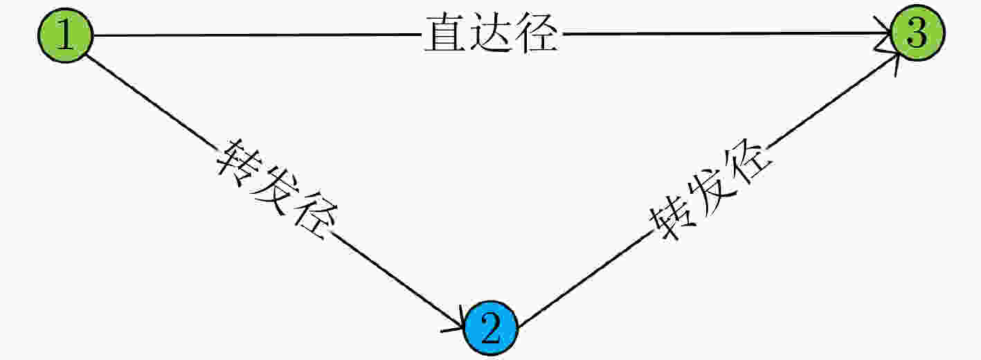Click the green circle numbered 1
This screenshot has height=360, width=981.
click(x=66, y=35)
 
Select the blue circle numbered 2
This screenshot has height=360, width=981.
click(x=491, y=328)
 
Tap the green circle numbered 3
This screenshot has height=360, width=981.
click(x=917, y=33)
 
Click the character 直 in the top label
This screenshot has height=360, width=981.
click(x=445, y=33)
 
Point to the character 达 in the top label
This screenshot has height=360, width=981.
click(x=490, y=33)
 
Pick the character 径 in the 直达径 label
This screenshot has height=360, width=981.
click(x=537, y=33)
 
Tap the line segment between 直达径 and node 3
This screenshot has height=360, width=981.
click(x=727, y=33)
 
